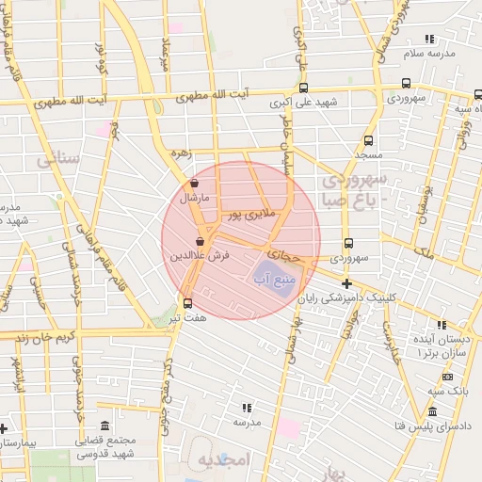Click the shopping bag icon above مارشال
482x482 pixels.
click(194, 184)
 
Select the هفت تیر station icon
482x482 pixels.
click(186, 303)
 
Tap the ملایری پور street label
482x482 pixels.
click(249, 216)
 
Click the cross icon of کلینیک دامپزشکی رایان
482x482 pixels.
click(347, 283)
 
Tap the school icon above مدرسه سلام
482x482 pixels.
click(429, 40)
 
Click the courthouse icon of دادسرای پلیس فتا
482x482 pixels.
click(432, 412)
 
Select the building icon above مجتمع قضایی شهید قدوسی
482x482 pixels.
click(104, 426)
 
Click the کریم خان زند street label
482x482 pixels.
click(38, 336)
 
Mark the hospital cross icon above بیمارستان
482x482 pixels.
click(6, 427)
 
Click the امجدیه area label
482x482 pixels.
click(221, 460)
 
